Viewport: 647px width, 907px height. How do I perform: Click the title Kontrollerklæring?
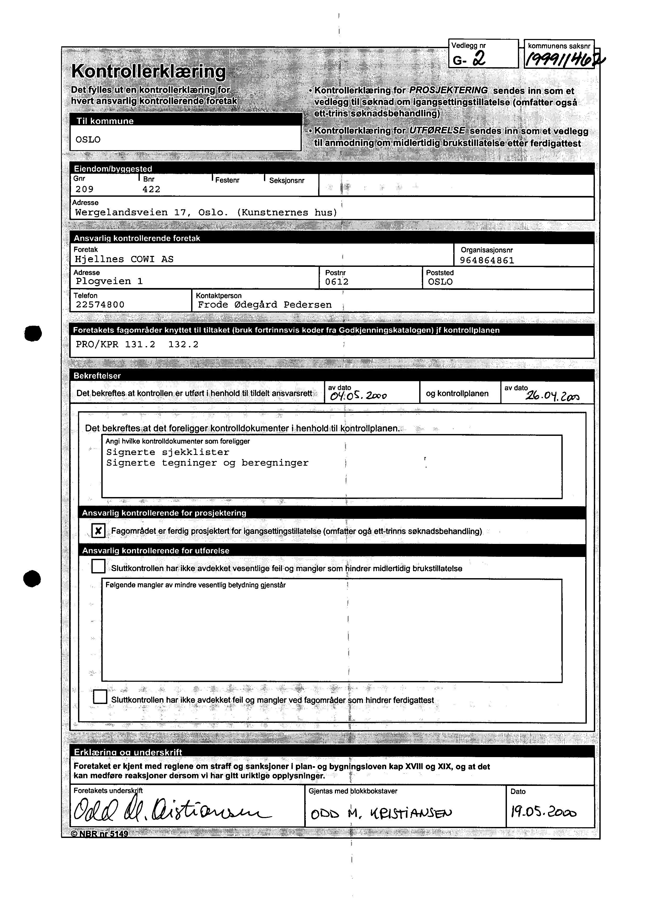pos(148,72)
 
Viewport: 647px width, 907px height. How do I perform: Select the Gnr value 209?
pos(85,189)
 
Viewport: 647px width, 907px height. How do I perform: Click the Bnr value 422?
pos(151,189)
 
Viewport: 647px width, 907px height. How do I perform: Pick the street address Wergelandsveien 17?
pos(131,212)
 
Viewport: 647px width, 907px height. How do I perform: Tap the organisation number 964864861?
pos(487,261)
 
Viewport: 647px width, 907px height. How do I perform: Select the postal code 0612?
pos(337,282)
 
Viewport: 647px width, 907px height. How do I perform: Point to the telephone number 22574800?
pos(100,305)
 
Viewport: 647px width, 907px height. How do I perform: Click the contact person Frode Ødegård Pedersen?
pos(264,305)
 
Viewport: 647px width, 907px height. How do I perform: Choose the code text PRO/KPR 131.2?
pos(115,345)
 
